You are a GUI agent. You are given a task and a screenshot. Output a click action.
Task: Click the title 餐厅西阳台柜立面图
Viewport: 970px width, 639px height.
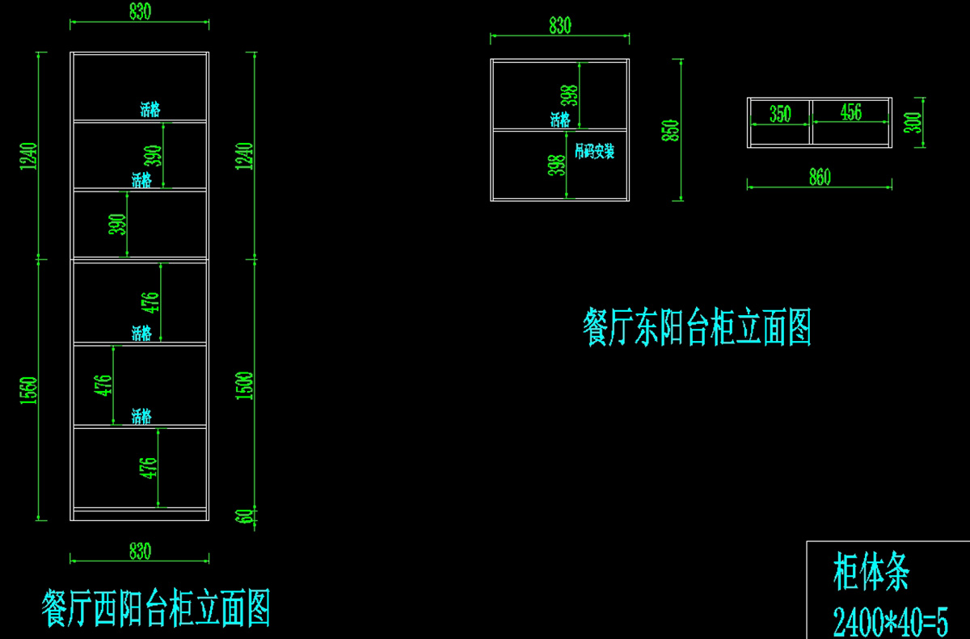coord(155,608)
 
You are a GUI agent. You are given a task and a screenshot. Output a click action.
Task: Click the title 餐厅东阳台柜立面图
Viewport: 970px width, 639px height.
coord(697,327)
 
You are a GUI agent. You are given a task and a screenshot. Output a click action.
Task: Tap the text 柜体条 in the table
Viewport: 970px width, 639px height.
coord(871,573)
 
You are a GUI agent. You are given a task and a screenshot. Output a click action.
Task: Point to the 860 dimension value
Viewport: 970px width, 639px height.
coord(820,178)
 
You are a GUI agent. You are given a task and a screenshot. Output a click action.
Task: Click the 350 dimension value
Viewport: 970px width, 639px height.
coord(780,114)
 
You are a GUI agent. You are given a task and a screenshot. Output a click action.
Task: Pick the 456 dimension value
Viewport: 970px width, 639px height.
coord(851,112)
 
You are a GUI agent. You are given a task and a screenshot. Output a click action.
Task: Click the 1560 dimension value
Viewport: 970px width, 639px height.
coord(28,393)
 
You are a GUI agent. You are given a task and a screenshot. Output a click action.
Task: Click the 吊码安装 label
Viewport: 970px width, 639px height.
coord(594,151)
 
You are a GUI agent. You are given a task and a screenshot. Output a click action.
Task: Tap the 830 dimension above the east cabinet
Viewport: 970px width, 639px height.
coord(559,26)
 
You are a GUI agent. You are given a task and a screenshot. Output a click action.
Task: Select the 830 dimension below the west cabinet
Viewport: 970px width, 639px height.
coord(140,552)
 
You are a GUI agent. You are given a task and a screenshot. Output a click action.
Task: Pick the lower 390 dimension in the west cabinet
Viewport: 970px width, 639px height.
coord(118,224)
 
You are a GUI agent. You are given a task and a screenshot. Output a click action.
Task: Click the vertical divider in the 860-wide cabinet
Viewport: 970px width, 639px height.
coord(810,123)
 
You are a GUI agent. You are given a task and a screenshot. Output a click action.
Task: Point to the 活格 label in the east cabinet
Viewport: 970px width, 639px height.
coord(560,120)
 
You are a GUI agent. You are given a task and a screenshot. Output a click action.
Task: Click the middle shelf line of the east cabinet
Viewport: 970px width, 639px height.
coord(525,129)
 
